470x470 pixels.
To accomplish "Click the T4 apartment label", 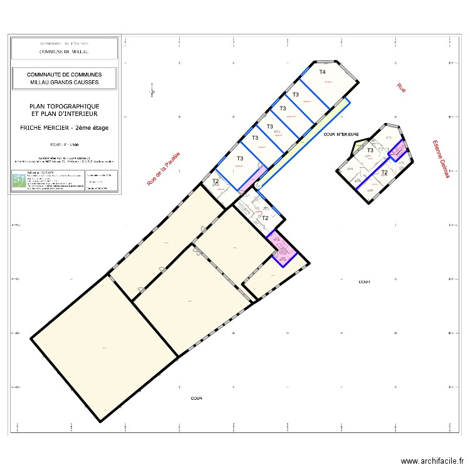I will click(x=323, y=72).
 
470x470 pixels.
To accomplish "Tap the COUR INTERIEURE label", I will click(x=341, y=134).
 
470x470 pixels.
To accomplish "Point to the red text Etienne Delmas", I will click(x=441, y=159).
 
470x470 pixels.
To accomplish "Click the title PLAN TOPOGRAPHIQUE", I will click(x=64, y=107).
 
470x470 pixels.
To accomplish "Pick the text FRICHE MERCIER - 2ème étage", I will click(x=64, y=128).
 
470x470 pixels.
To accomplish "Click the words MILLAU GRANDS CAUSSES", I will click(x=64, y=82).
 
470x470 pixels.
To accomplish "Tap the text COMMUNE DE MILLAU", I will click(x=64, y=52).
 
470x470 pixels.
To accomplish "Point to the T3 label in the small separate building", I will click(x=370, y=150).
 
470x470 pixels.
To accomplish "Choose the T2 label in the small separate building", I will click(x=384, y=171).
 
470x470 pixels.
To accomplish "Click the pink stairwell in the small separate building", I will click(x=397, y=151).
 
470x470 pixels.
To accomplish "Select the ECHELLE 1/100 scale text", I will click(x=64, y=145).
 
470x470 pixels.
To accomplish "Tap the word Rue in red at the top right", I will click(x=401, y=88).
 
